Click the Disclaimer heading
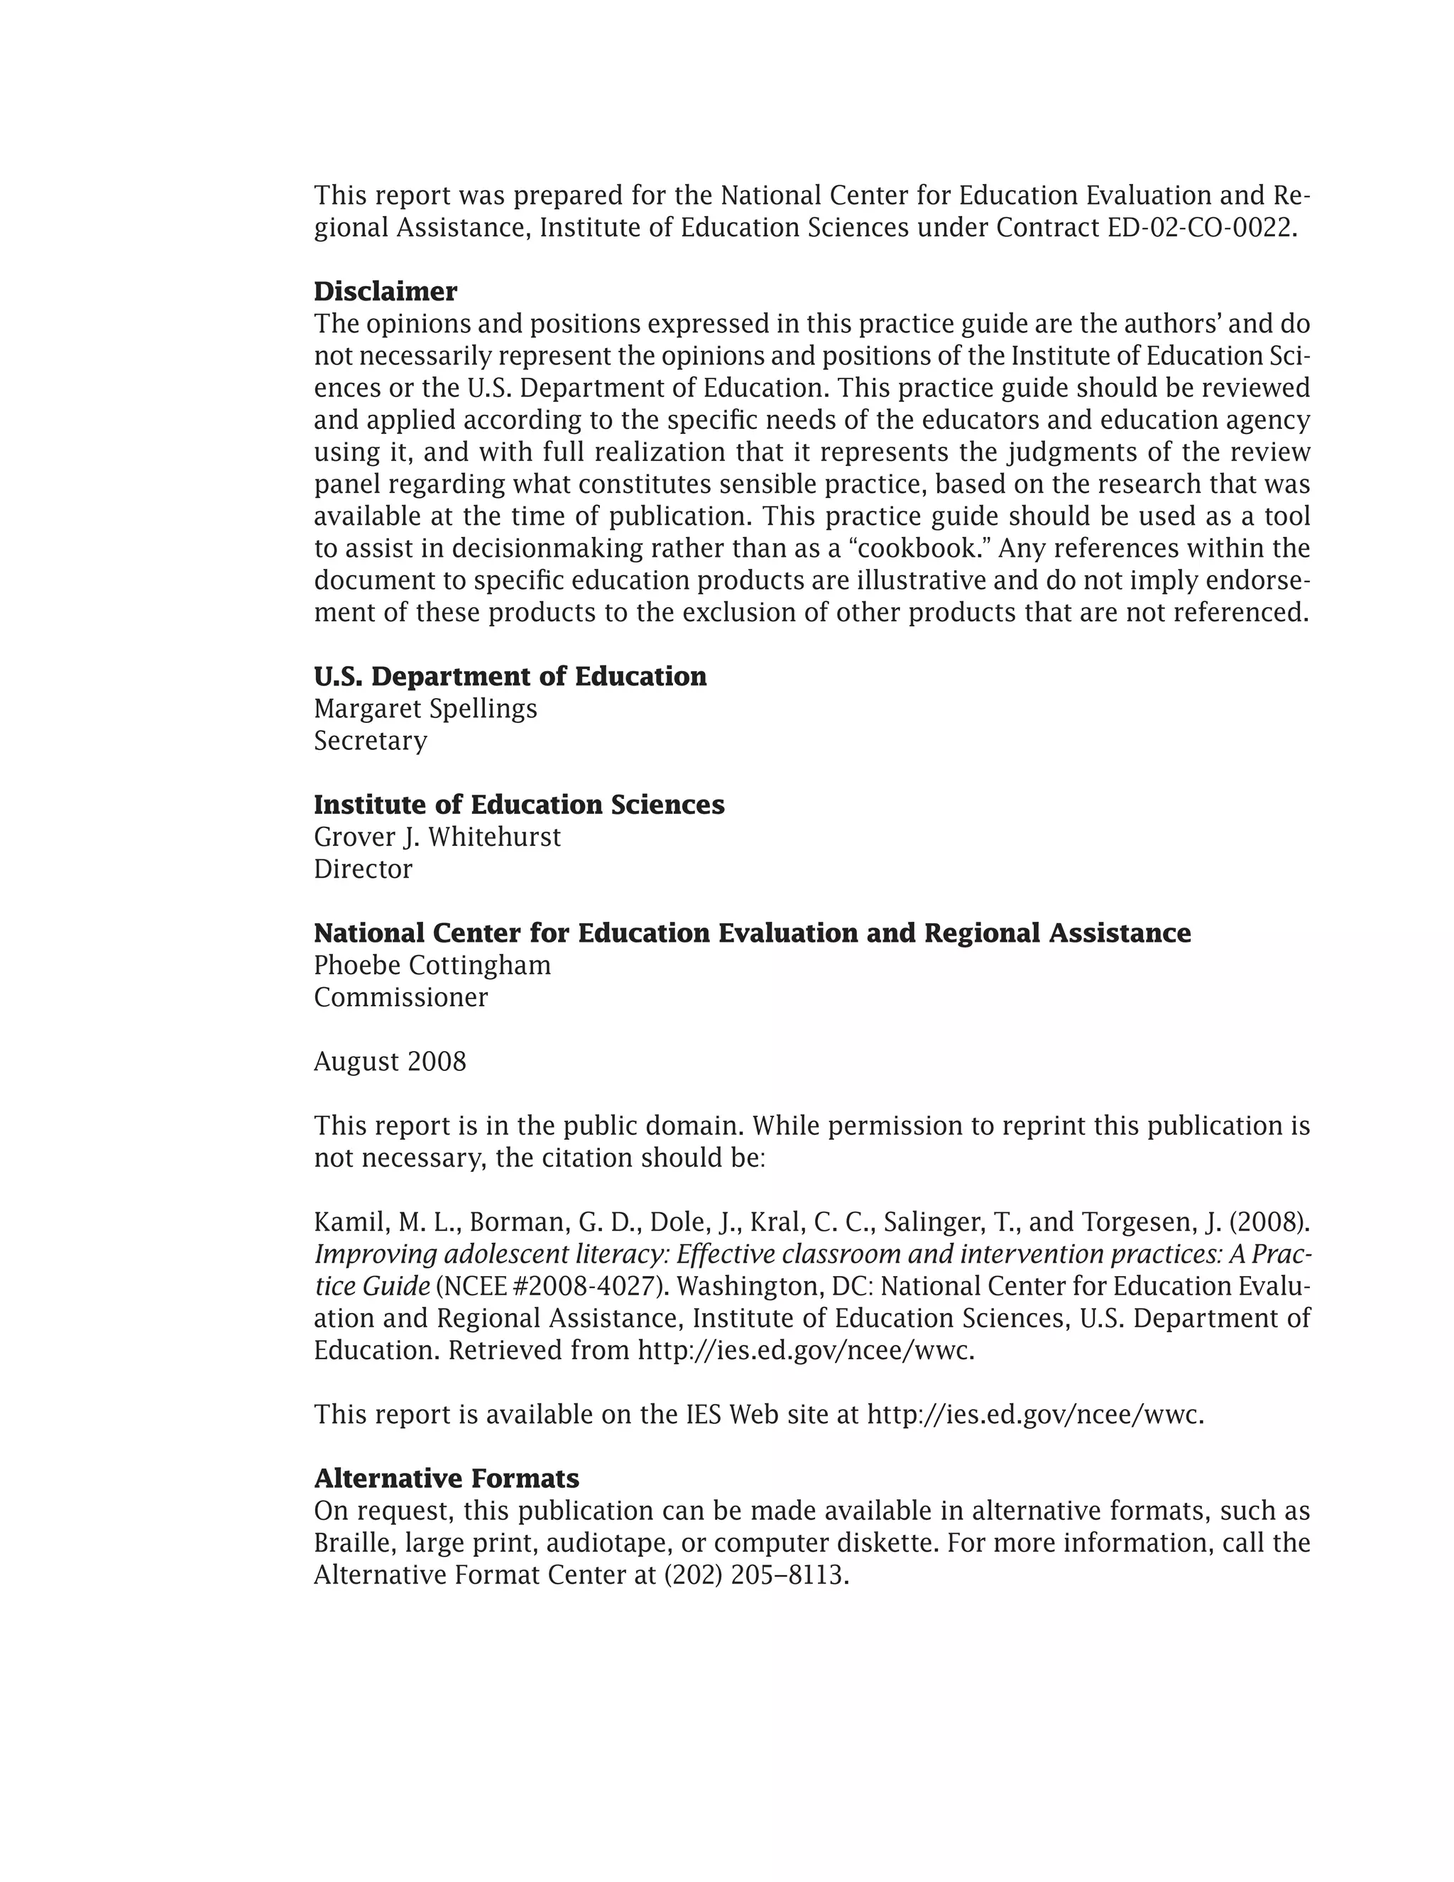click(x=385, y=291)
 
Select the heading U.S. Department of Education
click(x=510, y=676)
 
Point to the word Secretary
click(x=371, y=740)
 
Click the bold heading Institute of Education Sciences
click(x=518, y=805)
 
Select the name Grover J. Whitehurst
click(x=437, y=837)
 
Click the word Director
click(x=363, y=869)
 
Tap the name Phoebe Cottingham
click(x=432, y=965)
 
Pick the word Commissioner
click(x=400, y=997)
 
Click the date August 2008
click(x=389, y=1061)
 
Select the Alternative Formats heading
click(x=446, y=1479)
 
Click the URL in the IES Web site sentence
click(x=1034, y=1414)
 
